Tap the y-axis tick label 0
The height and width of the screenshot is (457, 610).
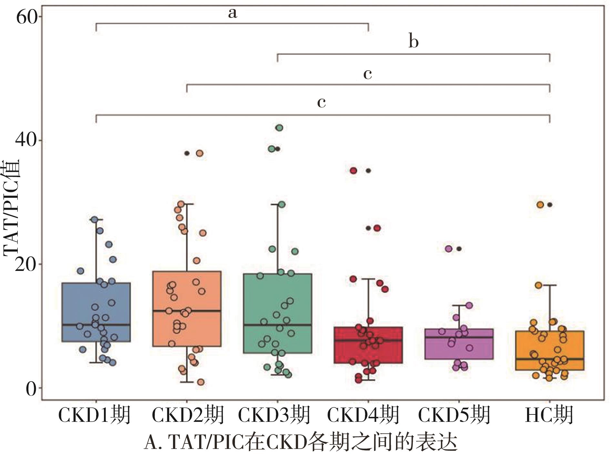[31, 388]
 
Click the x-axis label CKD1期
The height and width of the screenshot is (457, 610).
[94, 415]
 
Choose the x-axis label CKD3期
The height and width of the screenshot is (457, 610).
[274, 415]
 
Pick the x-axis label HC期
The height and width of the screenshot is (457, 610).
[549, 415]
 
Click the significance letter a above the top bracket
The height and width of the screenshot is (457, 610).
[232, 13]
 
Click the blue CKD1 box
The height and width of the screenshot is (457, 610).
[96, 312]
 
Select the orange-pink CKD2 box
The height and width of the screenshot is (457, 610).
[187, 309]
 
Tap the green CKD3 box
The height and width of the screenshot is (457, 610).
[278, 313]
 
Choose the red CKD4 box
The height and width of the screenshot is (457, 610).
[368, 345]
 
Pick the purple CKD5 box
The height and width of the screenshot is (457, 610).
[459, 344]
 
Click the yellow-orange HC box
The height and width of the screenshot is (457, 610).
[550, 350]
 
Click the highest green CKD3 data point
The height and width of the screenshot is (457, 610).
[279, 128]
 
